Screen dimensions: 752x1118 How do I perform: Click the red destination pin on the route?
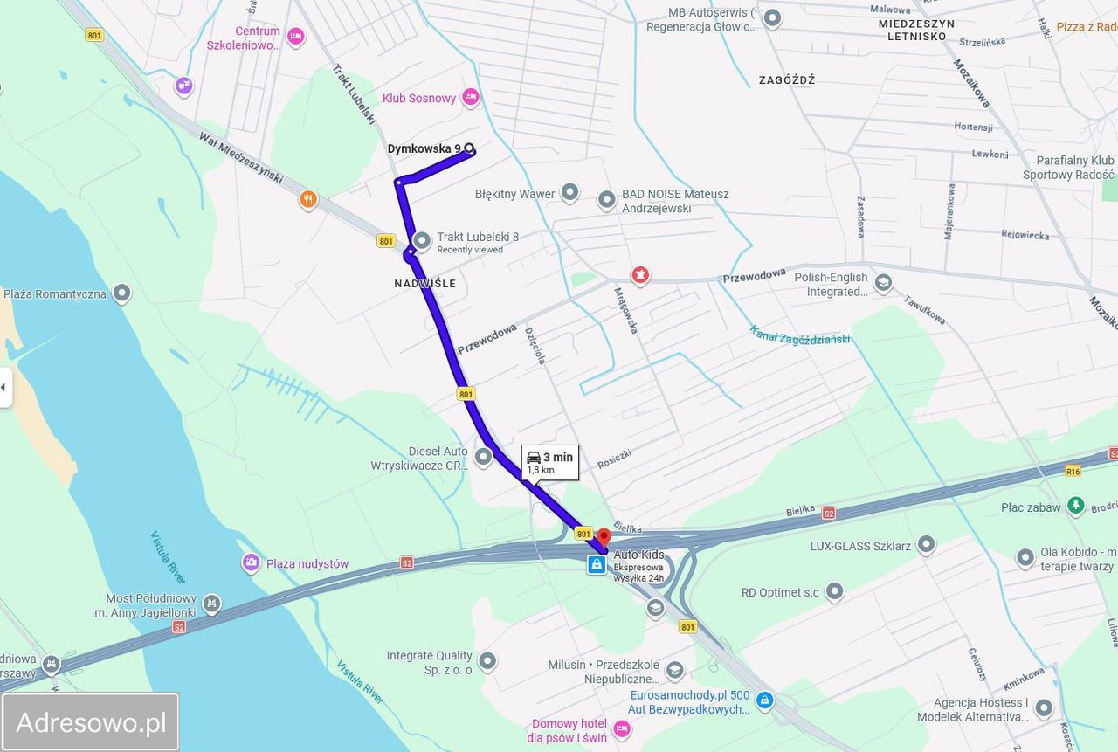(x=603, y=535)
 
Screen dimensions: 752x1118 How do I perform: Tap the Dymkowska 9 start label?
(x=424, y=149)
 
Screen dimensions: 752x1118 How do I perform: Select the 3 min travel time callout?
(x=550, y=462)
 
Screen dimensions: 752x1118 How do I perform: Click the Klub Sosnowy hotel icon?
(x=471, y=97)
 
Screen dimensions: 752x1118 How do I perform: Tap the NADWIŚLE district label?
(x=424, y=284)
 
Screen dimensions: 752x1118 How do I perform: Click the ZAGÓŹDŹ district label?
(x=787, y=80)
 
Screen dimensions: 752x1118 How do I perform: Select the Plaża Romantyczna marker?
(x=122, y=293)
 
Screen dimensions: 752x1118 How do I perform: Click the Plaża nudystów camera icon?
(x=252, y=563)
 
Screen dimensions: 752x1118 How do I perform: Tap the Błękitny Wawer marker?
(x=569, y=193)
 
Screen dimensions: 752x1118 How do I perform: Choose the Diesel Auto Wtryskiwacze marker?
(x=483, y=456)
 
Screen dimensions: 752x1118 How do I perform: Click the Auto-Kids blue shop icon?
(x=596, y=565)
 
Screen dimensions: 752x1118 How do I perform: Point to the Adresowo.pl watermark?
(x=91, y=722)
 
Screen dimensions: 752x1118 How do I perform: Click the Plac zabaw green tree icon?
(x=1076, y=506)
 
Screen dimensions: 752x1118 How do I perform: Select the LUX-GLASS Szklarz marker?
(x=926, y=546)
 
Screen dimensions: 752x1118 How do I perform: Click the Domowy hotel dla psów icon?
(x=622, y=728)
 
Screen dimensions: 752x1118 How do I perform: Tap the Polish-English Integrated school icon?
(x=884, y=283)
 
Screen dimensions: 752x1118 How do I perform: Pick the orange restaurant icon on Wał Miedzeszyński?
(x=307, y=200)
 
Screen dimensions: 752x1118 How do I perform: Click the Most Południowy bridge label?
(x=144, y=605)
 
